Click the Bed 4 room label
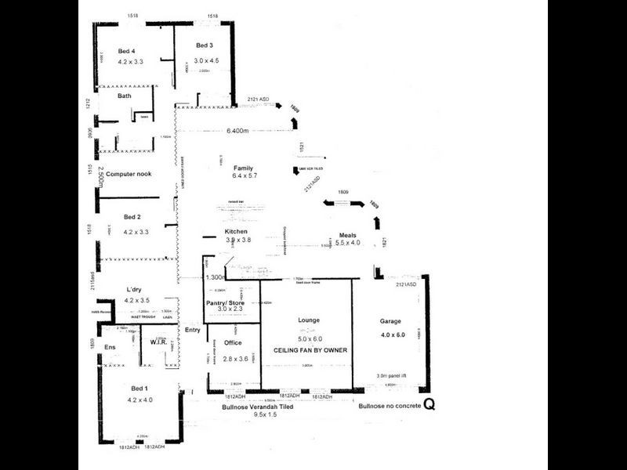tap(127, 50)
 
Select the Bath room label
tap(124, 96)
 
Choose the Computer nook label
tap(129, 174)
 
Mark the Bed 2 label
tap(132, 217)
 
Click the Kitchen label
tap(236, 233)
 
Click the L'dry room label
tap(132, 290)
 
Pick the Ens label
tap(111, 346)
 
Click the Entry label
tap(192, 330)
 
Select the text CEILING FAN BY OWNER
tap(310, 350)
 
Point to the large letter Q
tap(429, 404)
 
